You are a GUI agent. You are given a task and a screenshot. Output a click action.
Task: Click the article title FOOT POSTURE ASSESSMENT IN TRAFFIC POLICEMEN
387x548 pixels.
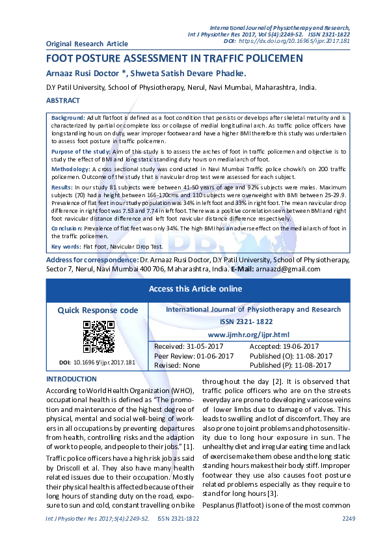(174, 58)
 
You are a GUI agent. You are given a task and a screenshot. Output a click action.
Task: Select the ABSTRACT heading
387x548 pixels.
(63, 101)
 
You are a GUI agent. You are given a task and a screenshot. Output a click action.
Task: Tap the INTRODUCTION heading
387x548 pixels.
(72, 379)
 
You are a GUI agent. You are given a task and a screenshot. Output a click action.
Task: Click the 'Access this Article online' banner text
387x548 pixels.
(195, 289)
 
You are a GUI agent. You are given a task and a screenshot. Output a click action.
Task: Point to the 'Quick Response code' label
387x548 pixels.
(98, 310)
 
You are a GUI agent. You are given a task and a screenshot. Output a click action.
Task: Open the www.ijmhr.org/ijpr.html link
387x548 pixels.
(253, 333)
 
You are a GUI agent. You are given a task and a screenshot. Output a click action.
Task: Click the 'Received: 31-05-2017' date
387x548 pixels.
(188, 346)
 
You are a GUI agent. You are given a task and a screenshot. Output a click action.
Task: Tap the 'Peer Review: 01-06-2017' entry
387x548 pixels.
(193, 356)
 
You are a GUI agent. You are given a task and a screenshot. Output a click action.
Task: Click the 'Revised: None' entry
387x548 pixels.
(176, 365)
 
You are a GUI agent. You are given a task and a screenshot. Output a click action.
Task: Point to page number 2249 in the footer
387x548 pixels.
(349, 519)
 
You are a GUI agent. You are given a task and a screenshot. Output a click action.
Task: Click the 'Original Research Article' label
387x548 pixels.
(87, 44)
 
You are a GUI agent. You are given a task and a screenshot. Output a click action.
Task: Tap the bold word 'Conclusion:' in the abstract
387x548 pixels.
(67, 228)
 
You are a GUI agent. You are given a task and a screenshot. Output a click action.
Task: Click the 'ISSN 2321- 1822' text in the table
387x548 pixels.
(253, 322)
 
